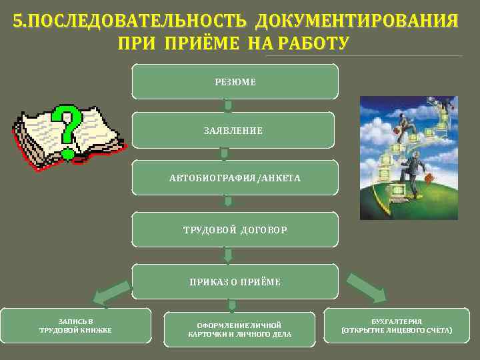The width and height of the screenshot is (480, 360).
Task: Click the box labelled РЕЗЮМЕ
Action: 235,81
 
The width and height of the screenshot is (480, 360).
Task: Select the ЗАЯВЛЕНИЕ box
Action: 233,130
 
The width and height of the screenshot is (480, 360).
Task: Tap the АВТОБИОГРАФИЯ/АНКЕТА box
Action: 235,178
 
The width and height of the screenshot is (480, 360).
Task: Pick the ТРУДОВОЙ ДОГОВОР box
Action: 235,229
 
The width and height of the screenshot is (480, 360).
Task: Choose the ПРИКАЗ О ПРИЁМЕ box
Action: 235,281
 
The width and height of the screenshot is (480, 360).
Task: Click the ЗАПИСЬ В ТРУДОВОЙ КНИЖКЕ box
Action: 75,325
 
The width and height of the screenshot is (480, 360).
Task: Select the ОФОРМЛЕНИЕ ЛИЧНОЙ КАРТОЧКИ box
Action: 239,329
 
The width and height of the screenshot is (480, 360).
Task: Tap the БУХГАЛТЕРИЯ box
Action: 397,325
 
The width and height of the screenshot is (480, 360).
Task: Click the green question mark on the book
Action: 69,130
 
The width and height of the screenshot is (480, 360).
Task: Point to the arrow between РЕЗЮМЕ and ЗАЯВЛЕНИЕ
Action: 228,105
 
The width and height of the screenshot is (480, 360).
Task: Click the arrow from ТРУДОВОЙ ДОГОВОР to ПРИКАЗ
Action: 228,255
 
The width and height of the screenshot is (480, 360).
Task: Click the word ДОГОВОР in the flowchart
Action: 264,229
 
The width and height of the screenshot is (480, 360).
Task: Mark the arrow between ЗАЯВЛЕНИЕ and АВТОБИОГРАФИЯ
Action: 224,153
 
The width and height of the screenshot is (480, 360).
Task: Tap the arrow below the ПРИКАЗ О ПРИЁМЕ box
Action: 232,305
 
